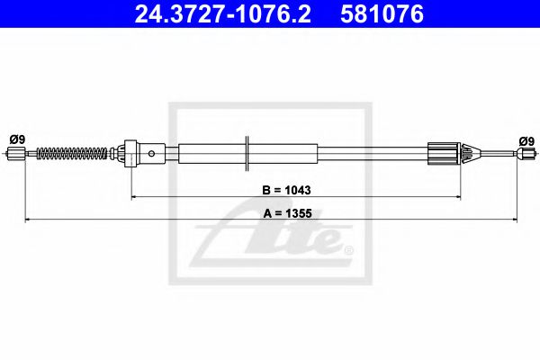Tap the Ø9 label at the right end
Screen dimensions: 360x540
526,139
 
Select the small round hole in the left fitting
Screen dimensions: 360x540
152,153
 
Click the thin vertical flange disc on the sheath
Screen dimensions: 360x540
247,152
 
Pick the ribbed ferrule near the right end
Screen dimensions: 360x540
445,153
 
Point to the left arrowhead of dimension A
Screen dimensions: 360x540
27,219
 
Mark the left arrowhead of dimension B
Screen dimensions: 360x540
135,195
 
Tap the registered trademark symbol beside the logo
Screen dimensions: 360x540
347,250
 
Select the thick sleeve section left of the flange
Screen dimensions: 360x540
211,153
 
